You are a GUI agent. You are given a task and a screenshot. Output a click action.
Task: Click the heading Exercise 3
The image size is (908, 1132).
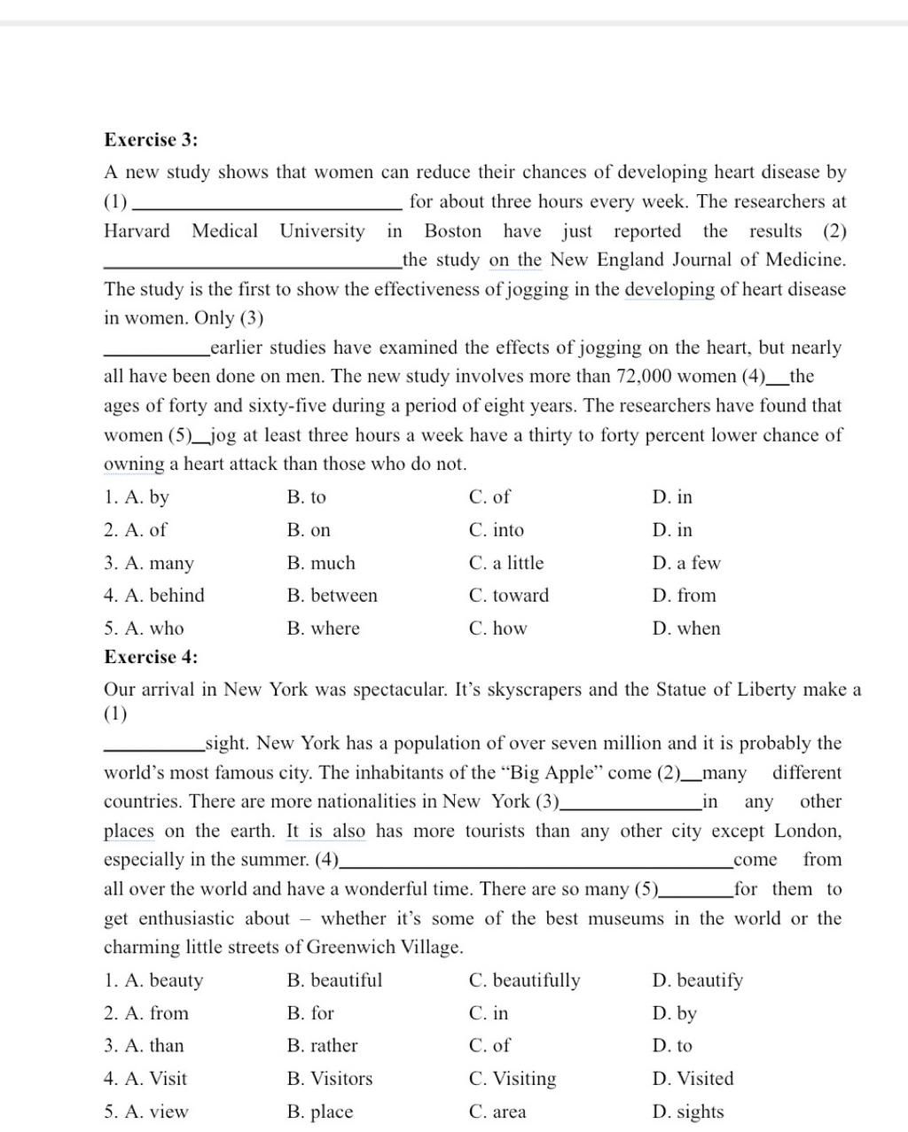[x=151, y=140]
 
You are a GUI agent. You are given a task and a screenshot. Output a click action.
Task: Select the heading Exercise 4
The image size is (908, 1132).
[x=151, y=657]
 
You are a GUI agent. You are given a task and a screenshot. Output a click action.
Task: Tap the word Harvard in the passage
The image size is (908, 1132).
[x=137, y=231]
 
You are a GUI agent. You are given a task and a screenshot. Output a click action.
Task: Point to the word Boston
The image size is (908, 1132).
[x=452, y=231]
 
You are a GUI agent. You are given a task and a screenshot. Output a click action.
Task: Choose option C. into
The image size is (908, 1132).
[x=496, y=530]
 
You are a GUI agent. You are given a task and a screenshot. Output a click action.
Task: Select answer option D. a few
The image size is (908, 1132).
[x=685, y=563]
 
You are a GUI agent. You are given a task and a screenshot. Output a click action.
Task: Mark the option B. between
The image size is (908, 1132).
[x=332, y=596]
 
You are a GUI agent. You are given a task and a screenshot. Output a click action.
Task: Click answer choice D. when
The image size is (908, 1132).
[x=685, y=628]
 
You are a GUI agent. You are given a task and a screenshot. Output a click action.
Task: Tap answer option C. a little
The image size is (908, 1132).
[x=505, y=563]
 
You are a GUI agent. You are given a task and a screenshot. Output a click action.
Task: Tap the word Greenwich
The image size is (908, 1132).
[x=350, y=948]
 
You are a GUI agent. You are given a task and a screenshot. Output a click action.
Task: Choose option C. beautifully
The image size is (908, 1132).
[x=524, y=980]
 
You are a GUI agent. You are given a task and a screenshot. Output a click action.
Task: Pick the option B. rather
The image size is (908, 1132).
[x=322, y=1046]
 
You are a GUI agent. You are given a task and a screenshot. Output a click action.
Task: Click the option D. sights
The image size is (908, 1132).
[x=687, y=1112]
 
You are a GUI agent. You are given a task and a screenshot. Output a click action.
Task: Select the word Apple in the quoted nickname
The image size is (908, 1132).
[x=569, y=773]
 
